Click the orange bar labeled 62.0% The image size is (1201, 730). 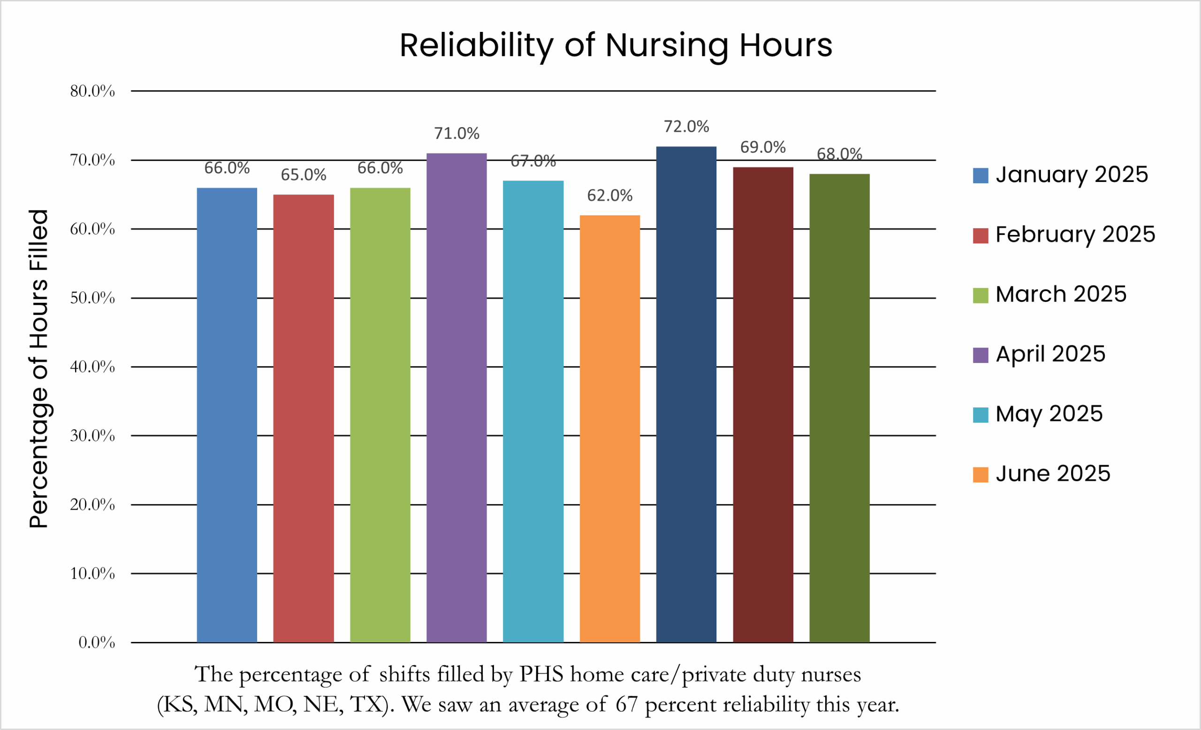click(x=610, y=429)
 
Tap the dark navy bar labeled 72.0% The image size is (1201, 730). click(x=686, y=394)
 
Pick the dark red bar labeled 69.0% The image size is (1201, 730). click(x=763, y=404)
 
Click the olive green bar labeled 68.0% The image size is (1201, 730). click(x=839, y=407)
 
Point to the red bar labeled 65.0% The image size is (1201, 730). click(x=303, y=418)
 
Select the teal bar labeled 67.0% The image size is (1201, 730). click(x=533, y=411)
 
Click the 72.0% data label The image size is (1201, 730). click(x=686, y=127)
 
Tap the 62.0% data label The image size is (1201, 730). click(x=610, y=196)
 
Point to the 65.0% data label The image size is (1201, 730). click(x=303, y=175)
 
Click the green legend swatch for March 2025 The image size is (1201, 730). click(x=980, y=295)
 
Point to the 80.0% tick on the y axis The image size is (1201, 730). click(x=92, y=91)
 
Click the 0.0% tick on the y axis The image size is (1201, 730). click(x=97, y=642)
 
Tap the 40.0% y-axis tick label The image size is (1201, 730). click(x=92, y=367)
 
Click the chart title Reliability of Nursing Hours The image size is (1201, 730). click(x=616, y=45)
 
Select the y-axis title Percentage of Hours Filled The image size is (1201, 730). click(x=39, y=369)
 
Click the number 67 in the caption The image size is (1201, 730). click(x=626, y=704)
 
